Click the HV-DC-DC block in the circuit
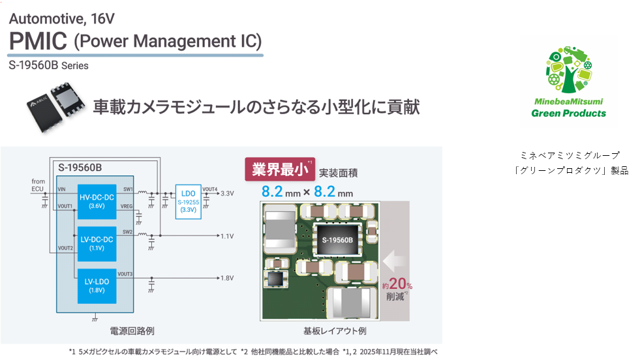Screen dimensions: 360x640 [97, 202]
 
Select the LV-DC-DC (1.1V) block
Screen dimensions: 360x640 [97, 243]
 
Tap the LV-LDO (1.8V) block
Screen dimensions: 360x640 [97, 286]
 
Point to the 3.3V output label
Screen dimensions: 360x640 [227, 194]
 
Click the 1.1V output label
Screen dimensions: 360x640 [227, 236]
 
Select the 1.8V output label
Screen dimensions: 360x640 [227, 278]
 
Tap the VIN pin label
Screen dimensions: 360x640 [62, 189]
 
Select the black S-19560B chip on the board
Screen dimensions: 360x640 [337, 241]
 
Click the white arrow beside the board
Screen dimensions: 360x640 [395, 262]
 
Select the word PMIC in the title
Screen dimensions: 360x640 [38, 41]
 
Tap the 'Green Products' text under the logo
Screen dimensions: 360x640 [568, 113]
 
